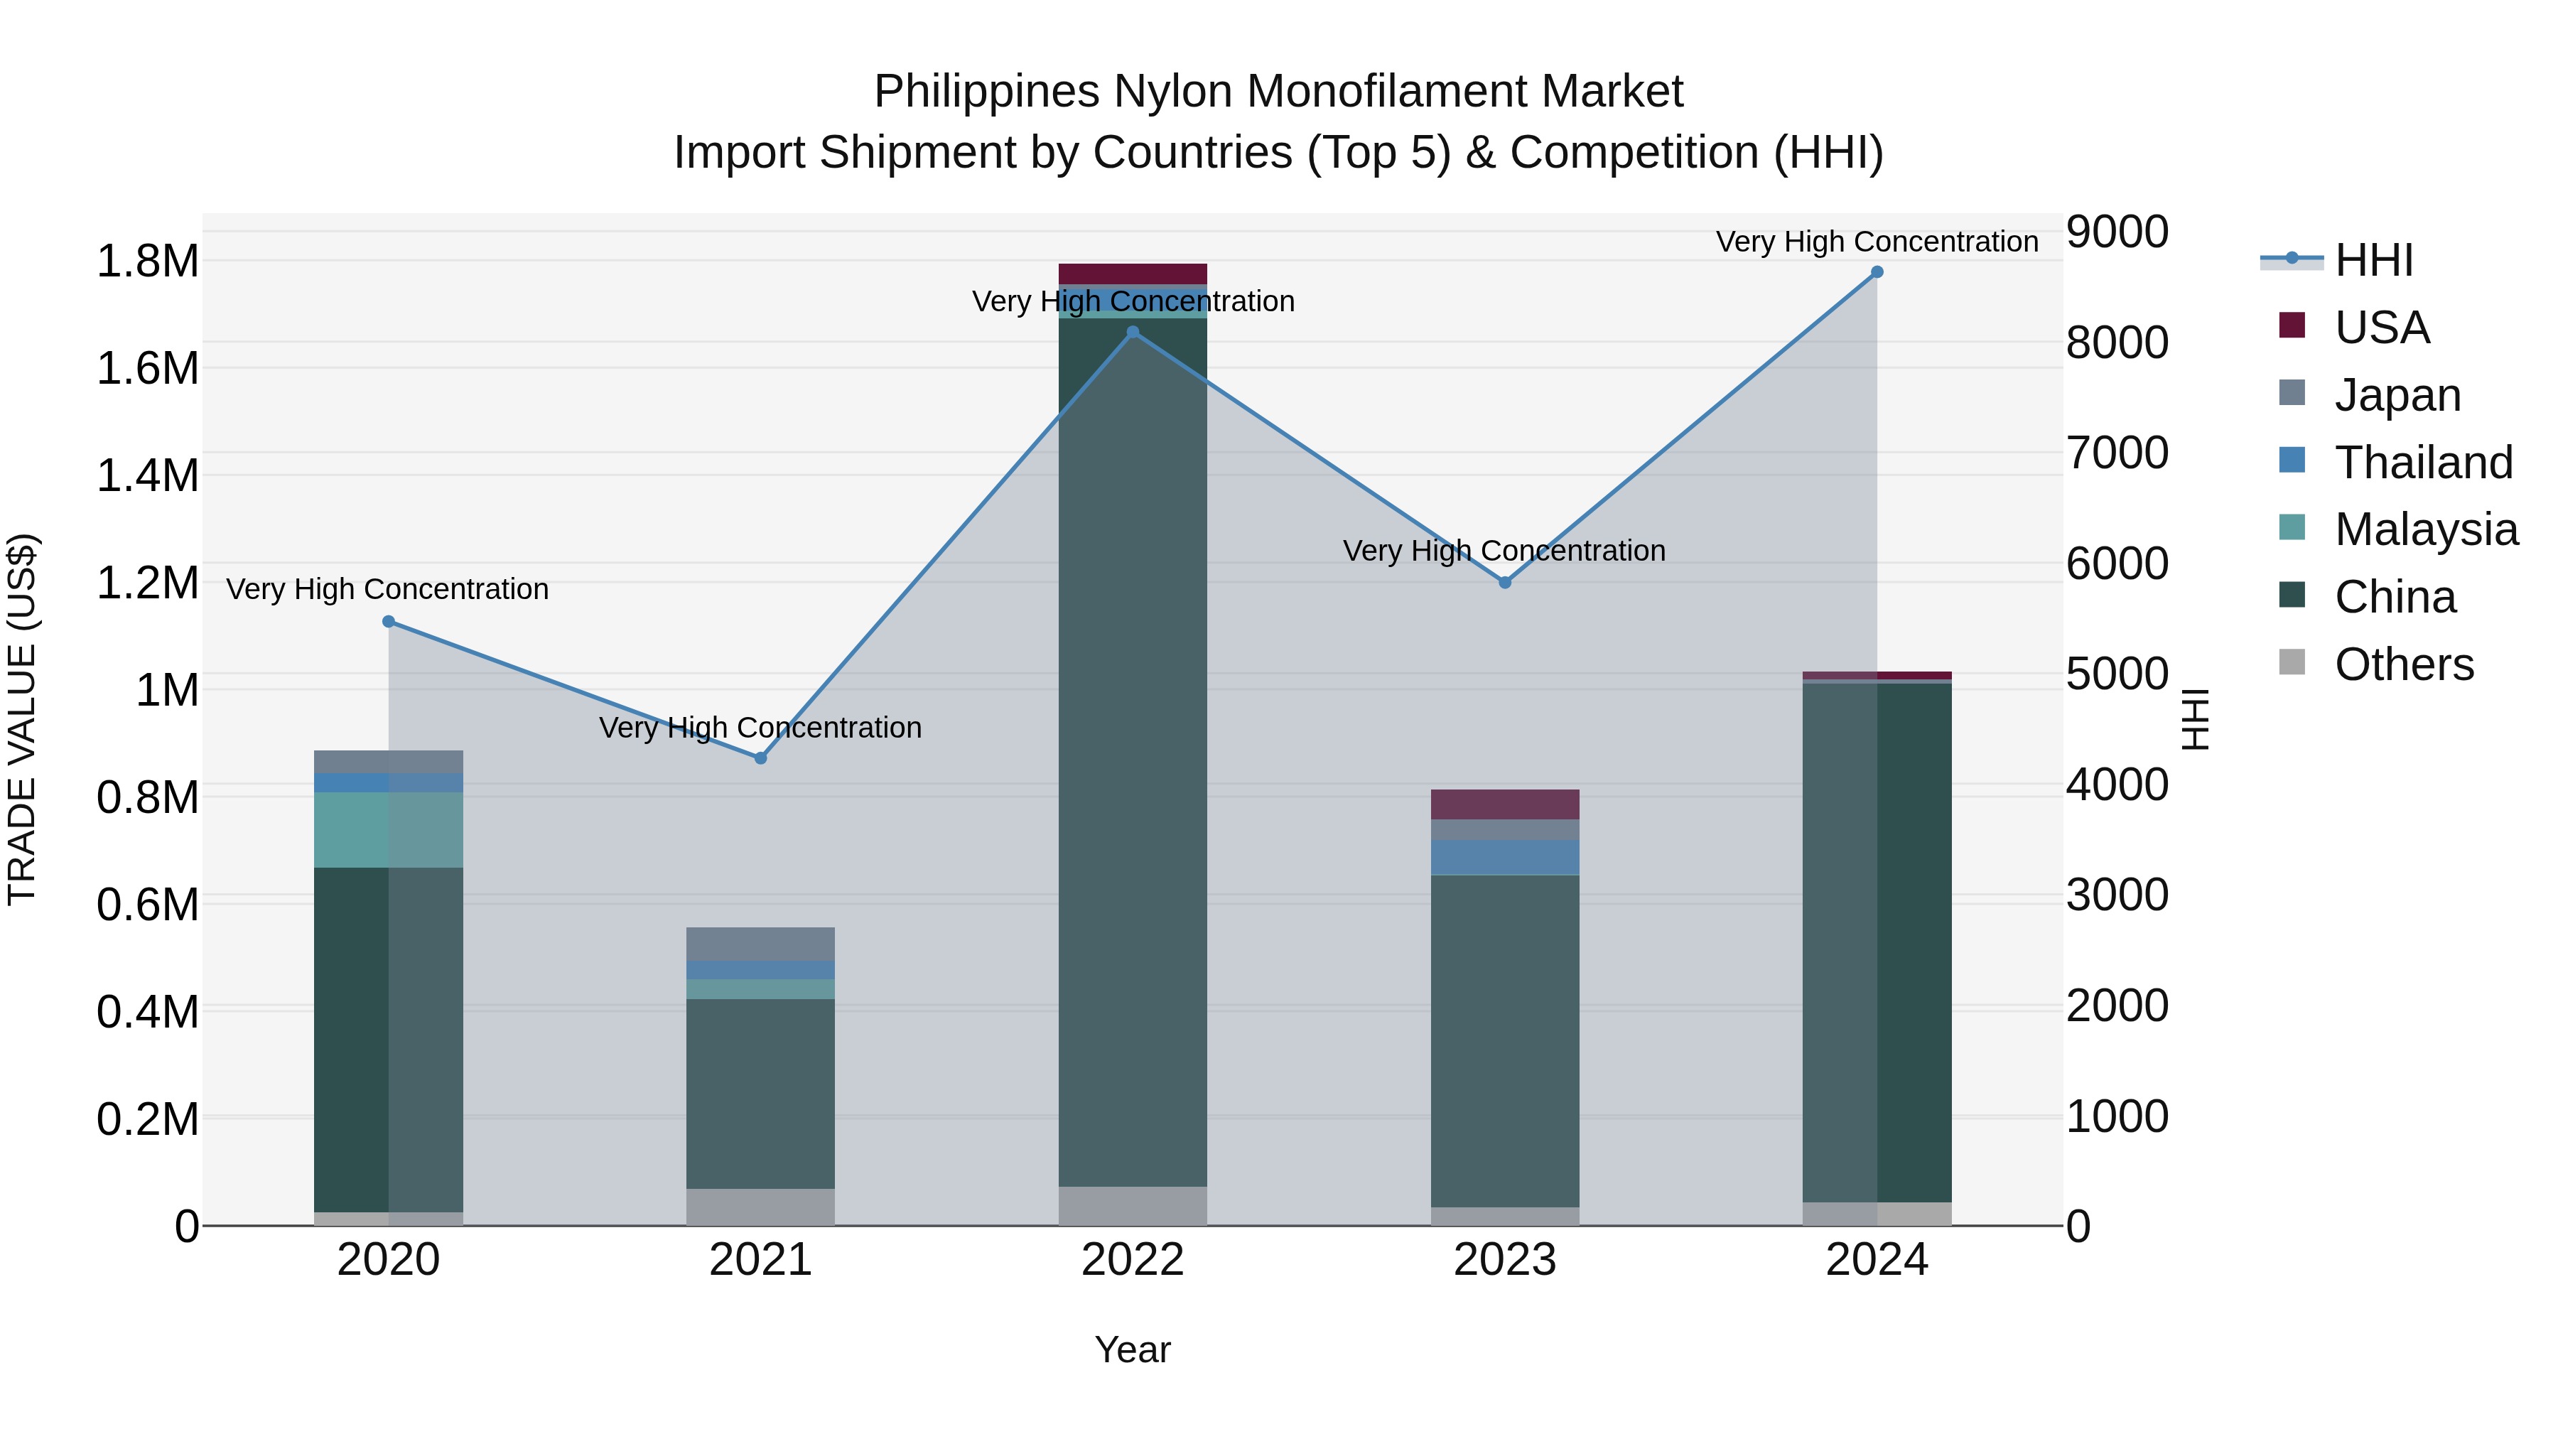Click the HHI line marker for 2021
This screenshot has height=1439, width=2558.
pos(760,758)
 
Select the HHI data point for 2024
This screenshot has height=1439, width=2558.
pos(1877,272)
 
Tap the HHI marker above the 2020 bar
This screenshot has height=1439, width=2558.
pos(388,622)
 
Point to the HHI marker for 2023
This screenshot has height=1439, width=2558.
pos(1504,582)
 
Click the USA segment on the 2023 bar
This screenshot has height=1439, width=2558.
pos(1504,804)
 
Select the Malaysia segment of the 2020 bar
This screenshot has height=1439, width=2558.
pos(388,829)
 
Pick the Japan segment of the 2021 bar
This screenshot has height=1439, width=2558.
pos(760,944)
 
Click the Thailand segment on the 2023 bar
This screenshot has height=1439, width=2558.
pos(1504,856)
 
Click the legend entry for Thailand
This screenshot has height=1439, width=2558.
pos(2423,463)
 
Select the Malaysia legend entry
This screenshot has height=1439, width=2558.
pos(2425,529)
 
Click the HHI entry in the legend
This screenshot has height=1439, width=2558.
pos(2373,260)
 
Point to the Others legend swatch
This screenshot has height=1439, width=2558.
pos(2292,662)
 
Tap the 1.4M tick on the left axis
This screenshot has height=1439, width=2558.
pos(147,475)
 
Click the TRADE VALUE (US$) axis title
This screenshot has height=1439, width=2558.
pos(22,719)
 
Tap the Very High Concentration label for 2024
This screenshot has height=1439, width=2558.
pos(1877,242)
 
